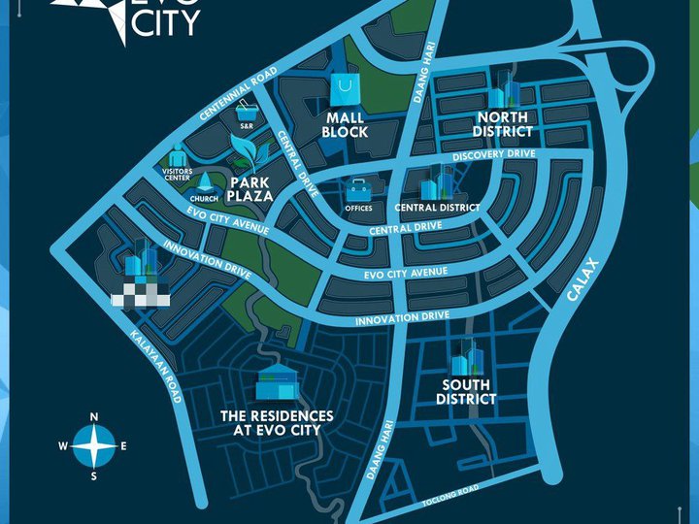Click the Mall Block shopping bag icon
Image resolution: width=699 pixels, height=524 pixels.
(347, 91)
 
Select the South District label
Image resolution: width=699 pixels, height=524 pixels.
(466, 392)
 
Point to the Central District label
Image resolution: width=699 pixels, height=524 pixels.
(437, 208)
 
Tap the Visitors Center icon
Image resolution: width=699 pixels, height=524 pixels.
(178, 155)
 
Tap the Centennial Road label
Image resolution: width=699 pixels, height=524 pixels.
(237, 95)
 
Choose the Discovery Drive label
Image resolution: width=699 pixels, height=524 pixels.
(494, 155)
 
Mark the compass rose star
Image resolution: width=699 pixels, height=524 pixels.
(94, 446)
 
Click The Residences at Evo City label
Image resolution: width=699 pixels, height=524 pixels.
(277, 422)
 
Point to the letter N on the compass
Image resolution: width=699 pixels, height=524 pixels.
(94, 417)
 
